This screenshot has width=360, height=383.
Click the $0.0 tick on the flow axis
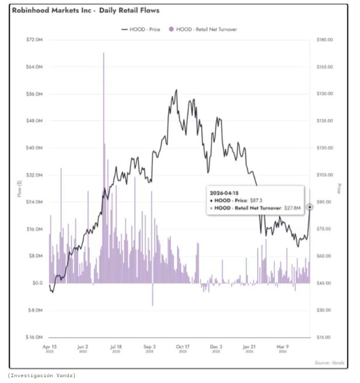point(38,283)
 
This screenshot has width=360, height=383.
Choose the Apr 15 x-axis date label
point(50,346)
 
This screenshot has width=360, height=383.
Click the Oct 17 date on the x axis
point(183,346)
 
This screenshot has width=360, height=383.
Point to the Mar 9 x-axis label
point(282,346)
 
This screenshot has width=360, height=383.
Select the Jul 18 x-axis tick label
point(116,346)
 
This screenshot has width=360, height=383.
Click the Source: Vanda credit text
point(330,363)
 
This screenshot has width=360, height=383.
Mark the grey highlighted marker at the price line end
point(310,206)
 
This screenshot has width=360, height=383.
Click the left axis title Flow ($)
point(20,189)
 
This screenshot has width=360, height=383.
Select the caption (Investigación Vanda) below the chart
point(41,375)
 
